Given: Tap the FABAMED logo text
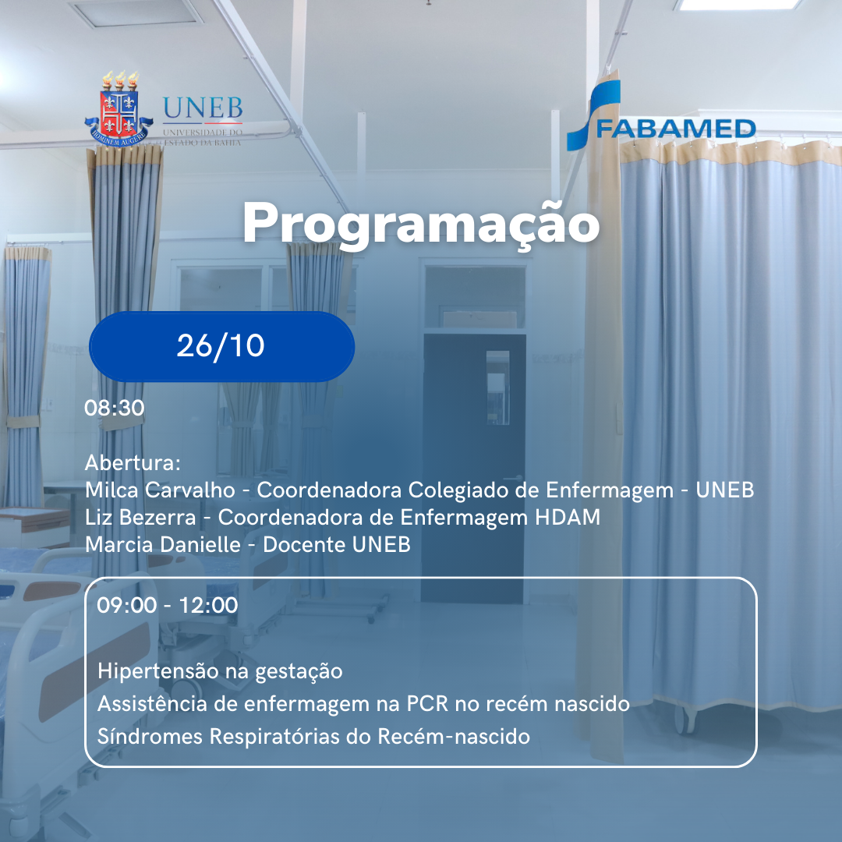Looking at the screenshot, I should tap(675, 129).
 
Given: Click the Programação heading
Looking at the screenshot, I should tap(421, 225).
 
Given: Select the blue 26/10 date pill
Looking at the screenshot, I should tap(221, 346).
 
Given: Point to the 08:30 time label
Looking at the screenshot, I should tap(115, 408).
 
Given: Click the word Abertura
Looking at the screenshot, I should tap(131, 463).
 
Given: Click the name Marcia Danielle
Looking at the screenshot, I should tap(162, 544).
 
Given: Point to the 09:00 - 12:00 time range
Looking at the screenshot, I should tap(168, 605).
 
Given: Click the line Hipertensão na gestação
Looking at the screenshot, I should tap(220, 670).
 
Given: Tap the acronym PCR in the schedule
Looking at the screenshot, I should tap(426, 704).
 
